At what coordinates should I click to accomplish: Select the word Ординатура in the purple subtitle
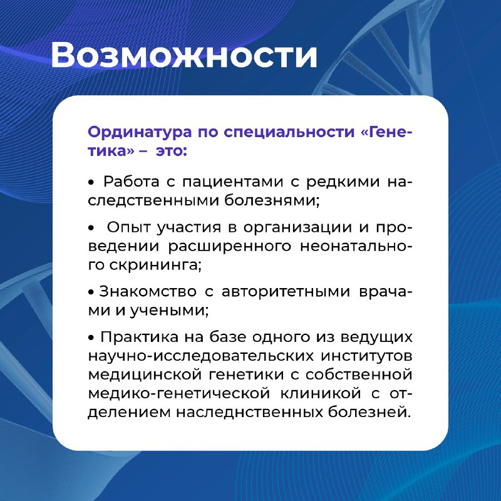pos(140,132)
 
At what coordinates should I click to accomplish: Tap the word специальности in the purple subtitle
pos(289,132)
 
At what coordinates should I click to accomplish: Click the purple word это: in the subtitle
pos(171,151)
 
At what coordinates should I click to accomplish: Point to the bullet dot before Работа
pos(91,182)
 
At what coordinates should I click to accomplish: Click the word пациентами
pos(232,182)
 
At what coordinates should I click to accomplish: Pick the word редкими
pos(343,182)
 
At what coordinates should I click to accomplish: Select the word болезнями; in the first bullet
pos(272,200)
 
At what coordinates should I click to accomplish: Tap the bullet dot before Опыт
pos(91,228)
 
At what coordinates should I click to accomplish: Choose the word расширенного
pos(230,247)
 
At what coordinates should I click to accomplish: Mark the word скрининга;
pos(155,265)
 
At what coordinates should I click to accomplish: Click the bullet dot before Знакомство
pos(91,292)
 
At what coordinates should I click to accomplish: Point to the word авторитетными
pos(286,292)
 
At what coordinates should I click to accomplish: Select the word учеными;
pos(169,311)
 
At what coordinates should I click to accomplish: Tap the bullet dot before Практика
pos(91,338)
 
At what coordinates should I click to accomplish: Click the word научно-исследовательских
pos(201,356)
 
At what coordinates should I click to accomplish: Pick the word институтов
pos(367,356)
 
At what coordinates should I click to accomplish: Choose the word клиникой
pos(321,393)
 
